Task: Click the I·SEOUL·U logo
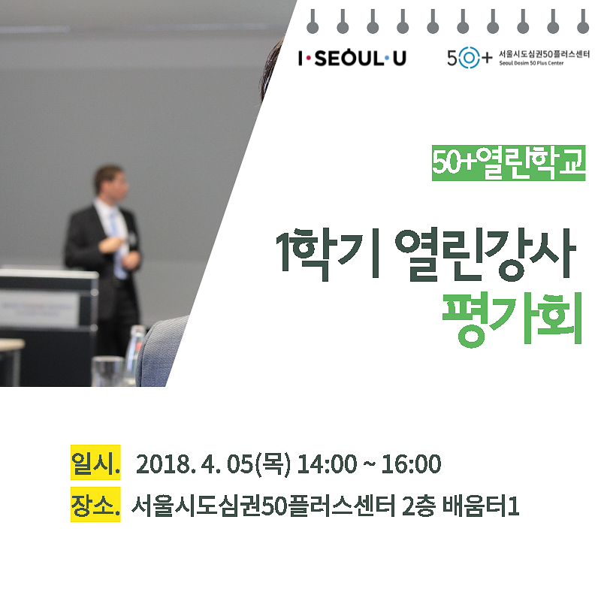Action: (352, 59)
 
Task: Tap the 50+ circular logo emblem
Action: (469, 58)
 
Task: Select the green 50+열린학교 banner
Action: (509, 163)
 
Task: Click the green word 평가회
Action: (512, 319)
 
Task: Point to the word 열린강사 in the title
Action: (485, 254)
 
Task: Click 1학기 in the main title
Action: (328, 255)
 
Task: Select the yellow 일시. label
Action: (95, 462)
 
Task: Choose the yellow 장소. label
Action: (95, 504)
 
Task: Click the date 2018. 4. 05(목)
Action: (213, 464)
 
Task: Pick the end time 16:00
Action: (411, 464)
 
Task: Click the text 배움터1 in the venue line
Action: (481, 506)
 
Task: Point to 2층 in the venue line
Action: (418, 506)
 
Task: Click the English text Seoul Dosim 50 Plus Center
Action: (531, 63)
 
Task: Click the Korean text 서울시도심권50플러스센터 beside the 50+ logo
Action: (544, 54)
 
